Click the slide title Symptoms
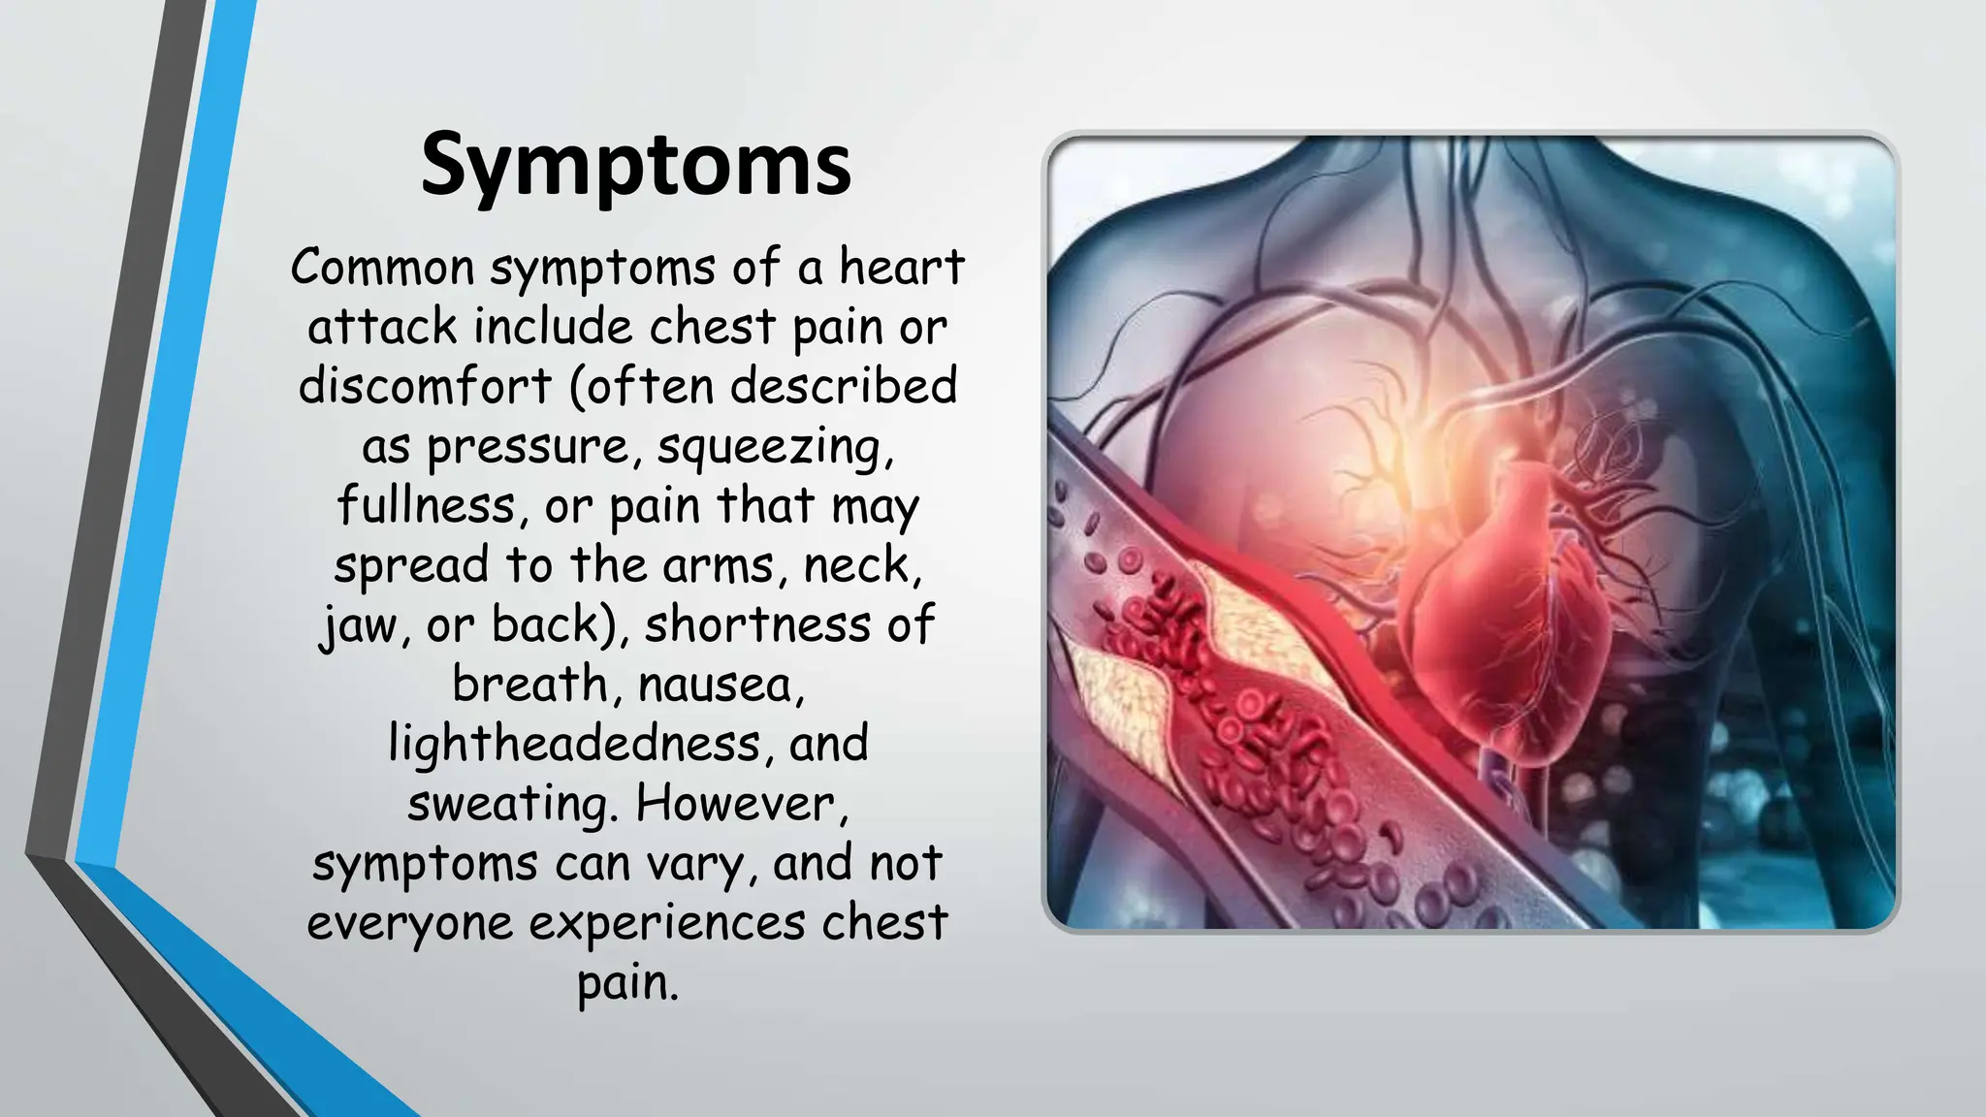[x=635, y=165]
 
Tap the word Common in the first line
[x=382, y=267]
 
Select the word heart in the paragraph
[x=901, y=267]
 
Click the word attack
[x=382, y=327]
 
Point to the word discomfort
[x=425, y=386]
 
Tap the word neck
[x=862, y=565]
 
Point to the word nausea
[x=721, y=686]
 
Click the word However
[x=742, y=804]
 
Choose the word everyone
[x=409, y=924]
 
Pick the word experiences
[x=666, y=924]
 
